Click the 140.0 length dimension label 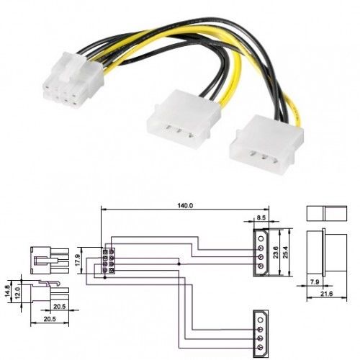185,205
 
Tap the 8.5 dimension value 261,217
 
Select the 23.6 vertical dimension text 276,252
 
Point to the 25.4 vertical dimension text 285,252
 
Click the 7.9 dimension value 315,282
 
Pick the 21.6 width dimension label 326,293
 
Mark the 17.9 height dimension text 77,260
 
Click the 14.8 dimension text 8,291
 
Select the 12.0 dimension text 17,292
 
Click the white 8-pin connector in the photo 72,79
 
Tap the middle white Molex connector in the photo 184,119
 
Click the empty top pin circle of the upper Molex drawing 261,239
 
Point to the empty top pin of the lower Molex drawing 261,320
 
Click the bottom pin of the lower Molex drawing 261,347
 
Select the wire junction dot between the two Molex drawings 179,264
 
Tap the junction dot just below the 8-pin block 104,278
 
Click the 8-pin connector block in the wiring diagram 108,261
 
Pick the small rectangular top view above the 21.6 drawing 327,213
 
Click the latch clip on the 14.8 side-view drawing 49,284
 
